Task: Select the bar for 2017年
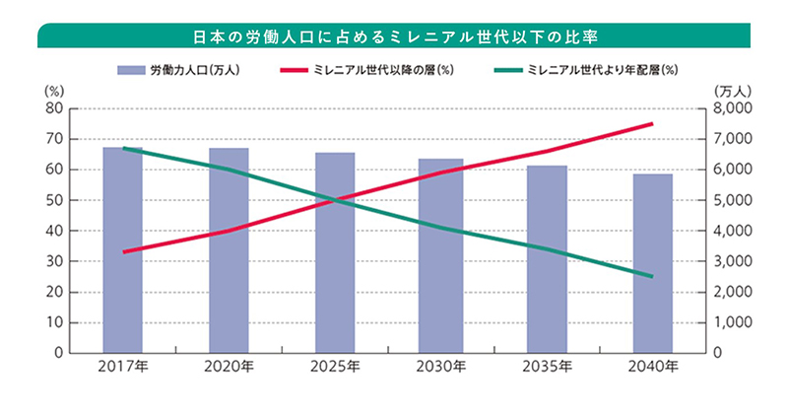[122, 250]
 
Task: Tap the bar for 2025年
[334, 253]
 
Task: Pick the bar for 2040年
[652, 263]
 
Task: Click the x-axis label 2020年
[229, 368]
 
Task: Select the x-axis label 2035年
[547, 368]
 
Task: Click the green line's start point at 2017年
[122, 120]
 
